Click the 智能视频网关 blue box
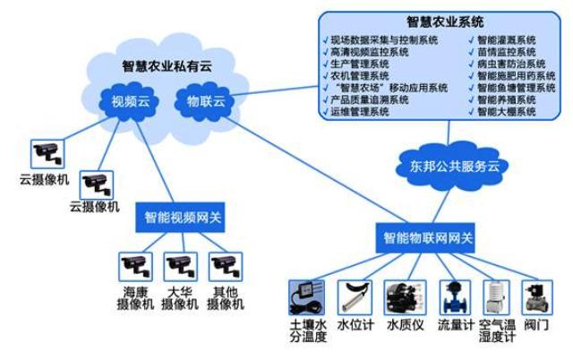(x=184, y=216)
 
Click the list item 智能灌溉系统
(x=506, y=40)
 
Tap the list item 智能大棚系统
(x=506, y=112)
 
